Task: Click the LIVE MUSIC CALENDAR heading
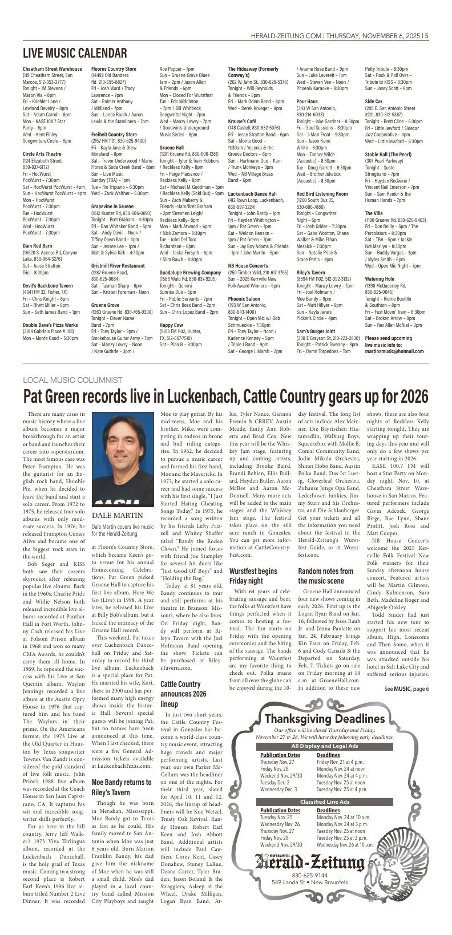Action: point(75,54)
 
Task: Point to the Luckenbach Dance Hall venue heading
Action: point(252,194)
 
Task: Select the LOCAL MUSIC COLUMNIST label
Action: point(72,380)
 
